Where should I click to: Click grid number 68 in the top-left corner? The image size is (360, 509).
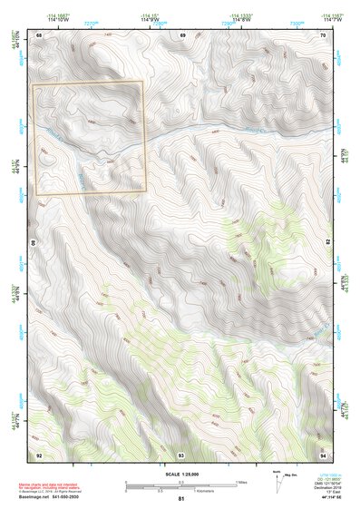coord(39,34)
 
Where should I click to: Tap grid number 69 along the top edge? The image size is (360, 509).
coord(182,34)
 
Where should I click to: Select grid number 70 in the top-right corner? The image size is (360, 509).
coord(322,34)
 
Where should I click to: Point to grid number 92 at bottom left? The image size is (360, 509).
coord(39,454)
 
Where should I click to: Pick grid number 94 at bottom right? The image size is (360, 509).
coord(322,454)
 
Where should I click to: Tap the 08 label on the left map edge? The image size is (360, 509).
coord(35,243)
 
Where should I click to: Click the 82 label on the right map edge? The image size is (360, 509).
coord(326,243)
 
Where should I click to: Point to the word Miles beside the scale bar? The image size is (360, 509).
coord(242,481)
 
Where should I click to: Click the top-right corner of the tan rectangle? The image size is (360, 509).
coord(143,83)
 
